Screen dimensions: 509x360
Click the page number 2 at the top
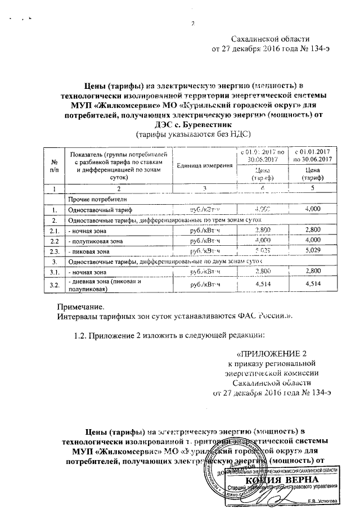pyautogui.click(x=192, y=23)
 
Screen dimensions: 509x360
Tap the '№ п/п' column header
pyautogui.click(x=54, y=165)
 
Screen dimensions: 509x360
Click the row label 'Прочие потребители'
pyautogui.click(x=93, y=199)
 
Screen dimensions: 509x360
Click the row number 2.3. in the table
pyautogui.click(x=54, y=250)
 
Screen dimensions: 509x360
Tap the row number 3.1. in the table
pyautogui.click(x=54, y=271)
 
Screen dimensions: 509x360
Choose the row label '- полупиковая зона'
pyautogui.click(x=95, y=240)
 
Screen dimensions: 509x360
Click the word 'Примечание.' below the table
pyautogui.click(x=81, y=307)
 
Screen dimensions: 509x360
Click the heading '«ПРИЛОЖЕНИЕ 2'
pyautogui.click(x=272, y=354)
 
